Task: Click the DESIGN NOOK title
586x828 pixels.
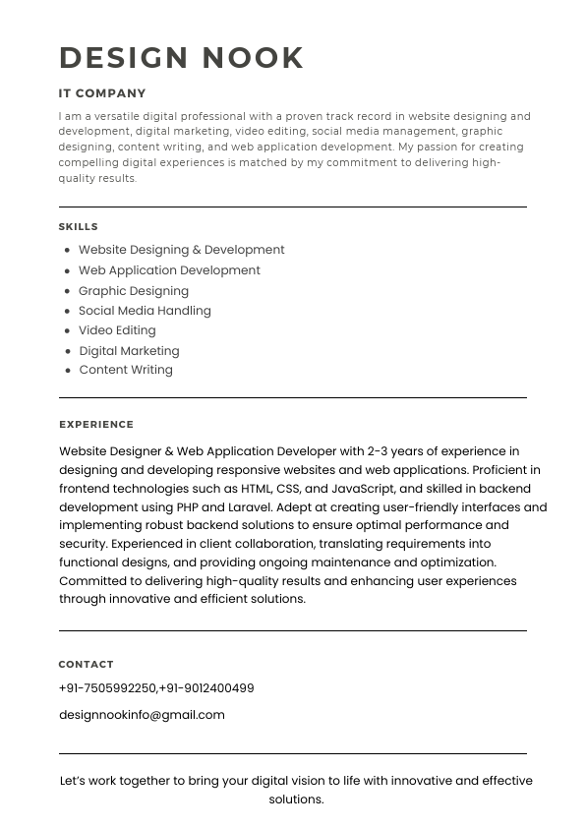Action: tap(182, 58)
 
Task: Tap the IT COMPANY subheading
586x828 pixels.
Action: tap(102, 93)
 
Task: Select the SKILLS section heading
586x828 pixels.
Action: tap(79, 227)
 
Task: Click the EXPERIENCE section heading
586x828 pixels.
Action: tap(96, 425)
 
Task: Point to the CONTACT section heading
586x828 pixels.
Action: tap(87, 665)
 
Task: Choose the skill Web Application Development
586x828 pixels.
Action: tap(169, 270)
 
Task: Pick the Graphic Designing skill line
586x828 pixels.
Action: tap(134, 291)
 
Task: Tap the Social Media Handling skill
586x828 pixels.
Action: tap(145, 311)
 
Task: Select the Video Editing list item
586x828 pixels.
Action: tap(117, 330)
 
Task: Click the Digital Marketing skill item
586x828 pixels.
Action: tap(129, 351)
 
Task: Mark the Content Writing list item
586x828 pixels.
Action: tap(126, 371)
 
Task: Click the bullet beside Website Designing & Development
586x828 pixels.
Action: tap(67, 251)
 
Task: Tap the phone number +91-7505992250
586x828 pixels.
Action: tap(107, 688)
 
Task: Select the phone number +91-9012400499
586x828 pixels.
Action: tap(207, 688)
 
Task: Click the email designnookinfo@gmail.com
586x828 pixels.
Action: tap(142, 715)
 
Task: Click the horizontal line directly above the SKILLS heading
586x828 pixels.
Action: tap(293, 207)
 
